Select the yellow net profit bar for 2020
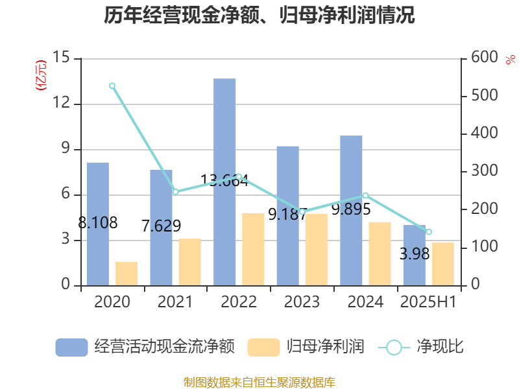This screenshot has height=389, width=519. pos(127,273)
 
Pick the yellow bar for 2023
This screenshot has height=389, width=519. pos(317,249)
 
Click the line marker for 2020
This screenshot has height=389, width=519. pos(112,86)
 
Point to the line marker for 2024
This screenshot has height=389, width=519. pos(365,195)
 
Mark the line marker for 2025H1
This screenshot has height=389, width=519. pos(428,232)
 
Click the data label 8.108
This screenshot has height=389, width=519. pos(97,223)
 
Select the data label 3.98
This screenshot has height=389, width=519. pos(415,253)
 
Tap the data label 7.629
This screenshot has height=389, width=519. pos(161,226)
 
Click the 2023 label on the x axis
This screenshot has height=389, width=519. pos(302,302)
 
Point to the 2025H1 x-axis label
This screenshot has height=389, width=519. pos(428,302)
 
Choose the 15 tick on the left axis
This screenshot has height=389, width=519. pos(62,58)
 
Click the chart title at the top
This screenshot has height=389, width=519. pos(259,16)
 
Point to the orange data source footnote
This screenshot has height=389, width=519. pos(259,382)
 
